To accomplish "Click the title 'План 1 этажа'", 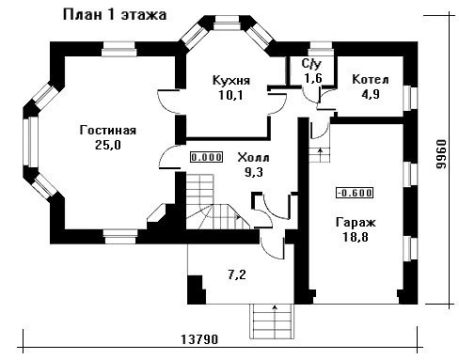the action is click(x=115, y=15).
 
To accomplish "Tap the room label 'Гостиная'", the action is click(x=108, y=130).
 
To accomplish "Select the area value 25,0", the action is click(x=108, y=145).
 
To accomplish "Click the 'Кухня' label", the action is click(x=231, y=80).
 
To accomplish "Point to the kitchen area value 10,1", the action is click(x=231, y=95).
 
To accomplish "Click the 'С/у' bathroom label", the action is click(x=311, y=64).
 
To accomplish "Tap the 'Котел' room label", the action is click(x=371, y=80).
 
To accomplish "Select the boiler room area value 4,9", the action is click(x=371, y=94).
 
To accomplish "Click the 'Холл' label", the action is click(x=253, y=157).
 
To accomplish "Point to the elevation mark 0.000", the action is click(x=207, y=157).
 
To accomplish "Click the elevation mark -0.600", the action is click(x=355, y=193).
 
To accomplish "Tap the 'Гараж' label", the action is click(x=356, y=223).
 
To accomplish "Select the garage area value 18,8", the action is click(x=356, y=237).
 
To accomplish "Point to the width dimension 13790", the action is click(x=199, y=339).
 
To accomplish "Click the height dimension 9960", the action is click(x=441, y=154).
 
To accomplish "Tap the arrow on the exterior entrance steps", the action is click(x=275, y=316).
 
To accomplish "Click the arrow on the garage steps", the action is click(x=320, y=152).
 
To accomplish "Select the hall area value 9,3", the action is click(x=253, y=172).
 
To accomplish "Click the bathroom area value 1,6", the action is click(x=313, y=78).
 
